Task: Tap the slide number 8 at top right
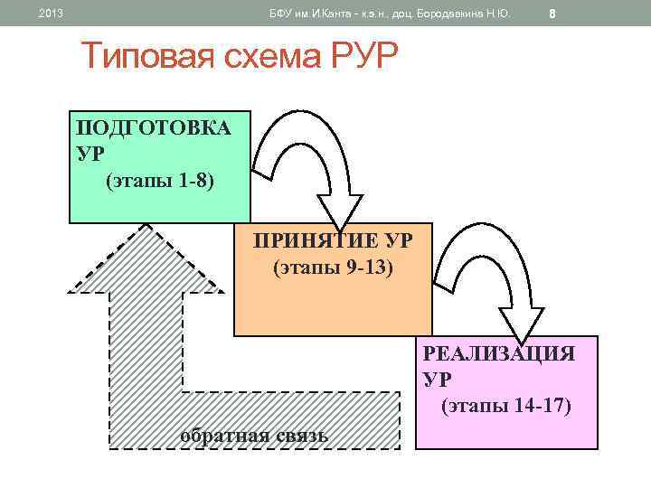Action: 552,14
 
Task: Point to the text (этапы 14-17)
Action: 506,406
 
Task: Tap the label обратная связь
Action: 254,436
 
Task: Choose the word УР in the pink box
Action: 436,379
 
